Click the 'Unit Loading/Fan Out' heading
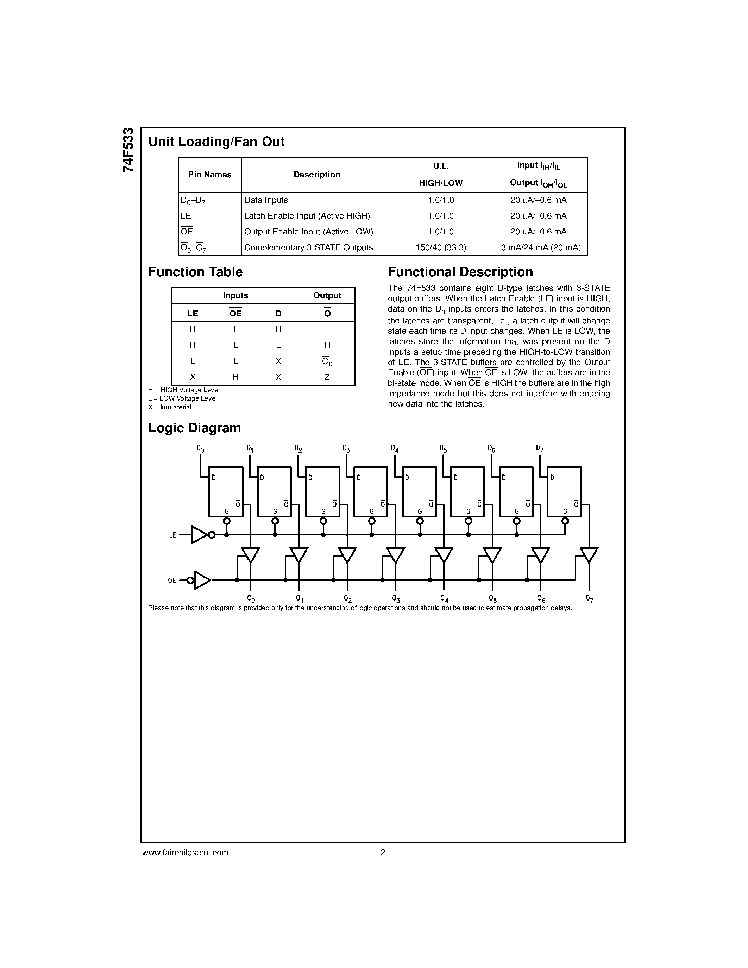tap(216, 142)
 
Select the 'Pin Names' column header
tap(209, 175)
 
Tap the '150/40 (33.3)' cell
tap(440, 248)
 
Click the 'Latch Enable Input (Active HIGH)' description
tap(307, 216)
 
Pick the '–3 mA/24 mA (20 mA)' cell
tap(539, 248)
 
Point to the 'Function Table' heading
tap(195, 272)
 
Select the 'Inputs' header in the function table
tap(235, 296)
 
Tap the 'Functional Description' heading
tap(460, 272)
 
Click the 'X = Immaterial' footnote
tap(170, 407)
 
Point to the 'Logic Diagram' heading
tap(195, 428)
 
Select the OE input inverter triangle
tap(202, 580)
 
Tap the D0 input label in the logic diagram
tap(200, 449)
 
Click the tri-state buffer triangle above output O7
tap(589, 554)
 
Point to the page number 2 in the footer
tap(382, 852)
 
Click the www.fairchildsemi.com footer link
tap(185, 852)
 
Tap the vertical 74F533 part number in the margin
tap(128, 150)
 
